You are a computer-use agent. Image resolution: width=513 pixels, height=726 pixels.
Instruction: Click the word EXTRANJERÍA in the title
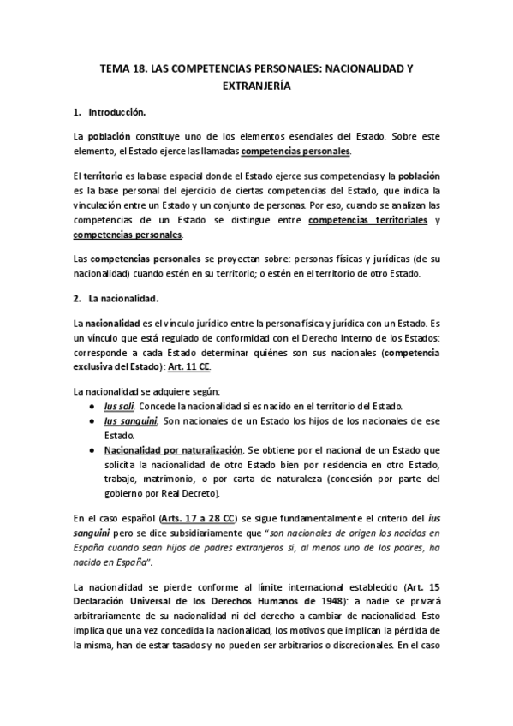tap(256, 86)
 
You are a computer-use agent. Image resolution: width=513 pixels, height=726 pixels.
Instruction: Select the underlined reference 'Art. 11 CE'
tap(188, 367)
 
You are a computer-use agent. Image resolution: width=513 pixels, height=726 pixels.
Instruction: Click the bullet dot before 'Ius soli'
tap(92, 405)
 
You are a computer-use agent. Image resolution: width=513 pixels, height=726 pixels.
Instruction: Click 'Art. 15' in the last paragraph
tap(426, 586)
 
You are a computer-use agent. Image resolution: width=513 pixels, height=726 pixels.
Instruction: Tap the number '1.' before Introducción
tap(77, 112)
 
